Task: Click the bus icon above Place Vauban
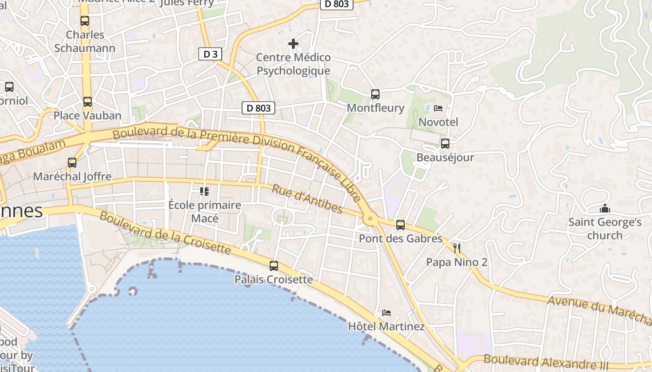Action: coord(87,102)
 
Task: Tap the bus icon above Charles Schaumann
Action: coord(84,21)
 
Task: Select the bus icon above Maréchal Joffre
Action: coord(72,163)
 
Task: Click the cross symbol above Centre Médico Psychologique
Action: coord(293,44)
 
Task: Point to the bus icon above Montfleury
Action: coord(375,94)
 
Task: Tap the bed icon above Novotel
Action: coord(438,108)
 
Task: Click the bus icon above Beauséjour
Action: coord(445,144)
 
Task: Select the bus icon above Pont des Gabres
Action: coord(401,226)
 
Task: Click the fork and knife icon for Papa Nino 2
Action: coord(457,248)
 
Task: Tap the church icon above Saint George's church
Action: coord(605,208)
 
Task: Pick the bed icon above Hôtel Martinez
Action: coord(386,313)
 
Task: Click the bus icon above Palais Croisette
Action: coord(274,266)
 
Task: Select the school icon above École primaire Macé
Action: coord(204,191)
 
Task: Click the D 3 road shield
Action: coord(211,54)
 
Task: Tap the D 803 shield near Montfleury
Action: coord(258,108)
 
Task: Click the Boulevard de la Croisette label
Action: coord(165,233)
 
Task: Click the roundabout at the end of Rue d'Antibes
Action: coord(371,218)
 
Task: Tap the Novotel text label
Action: coord(439,122)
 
